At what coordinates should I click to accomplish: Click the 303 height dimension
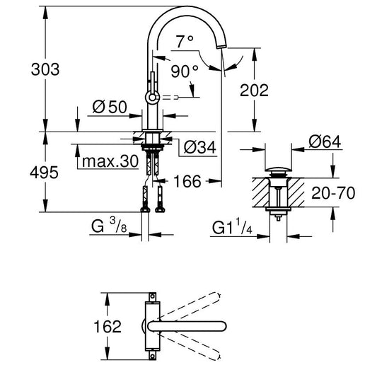click(45, 69)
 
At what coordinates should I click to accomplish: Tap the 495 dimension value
click(45, 173)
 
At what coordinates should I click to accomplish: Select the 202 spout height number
click(254, 90)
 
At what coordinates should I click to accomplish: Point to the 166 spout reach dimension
click(187, 181)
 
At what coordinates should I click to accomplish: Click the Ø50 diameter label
click(110, 107)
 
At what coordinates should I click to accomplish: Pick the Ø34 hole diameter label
click(200, 147)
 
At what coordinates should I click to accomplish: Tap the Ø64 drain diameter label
click(325, 141)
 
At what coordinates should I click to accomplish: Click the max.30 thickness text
click(110, 161)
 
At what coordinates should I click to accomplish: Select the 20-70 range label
click(333, 193)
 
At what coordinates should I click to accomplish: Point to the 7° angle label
click(185, 41)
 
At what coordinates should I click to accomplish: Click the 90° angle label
click(185, 71)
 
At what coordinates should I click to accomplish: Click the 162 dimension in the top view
click(108, 326)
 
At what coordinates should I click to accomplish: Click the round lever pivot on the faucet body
click(153, 98)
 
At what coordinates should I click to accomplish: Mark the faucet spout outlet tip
click(221, 47)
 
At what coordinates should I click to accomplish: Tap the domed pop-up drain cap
click(278, 169)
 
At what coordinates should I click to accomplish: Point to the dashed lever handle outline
click(170, 98)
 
